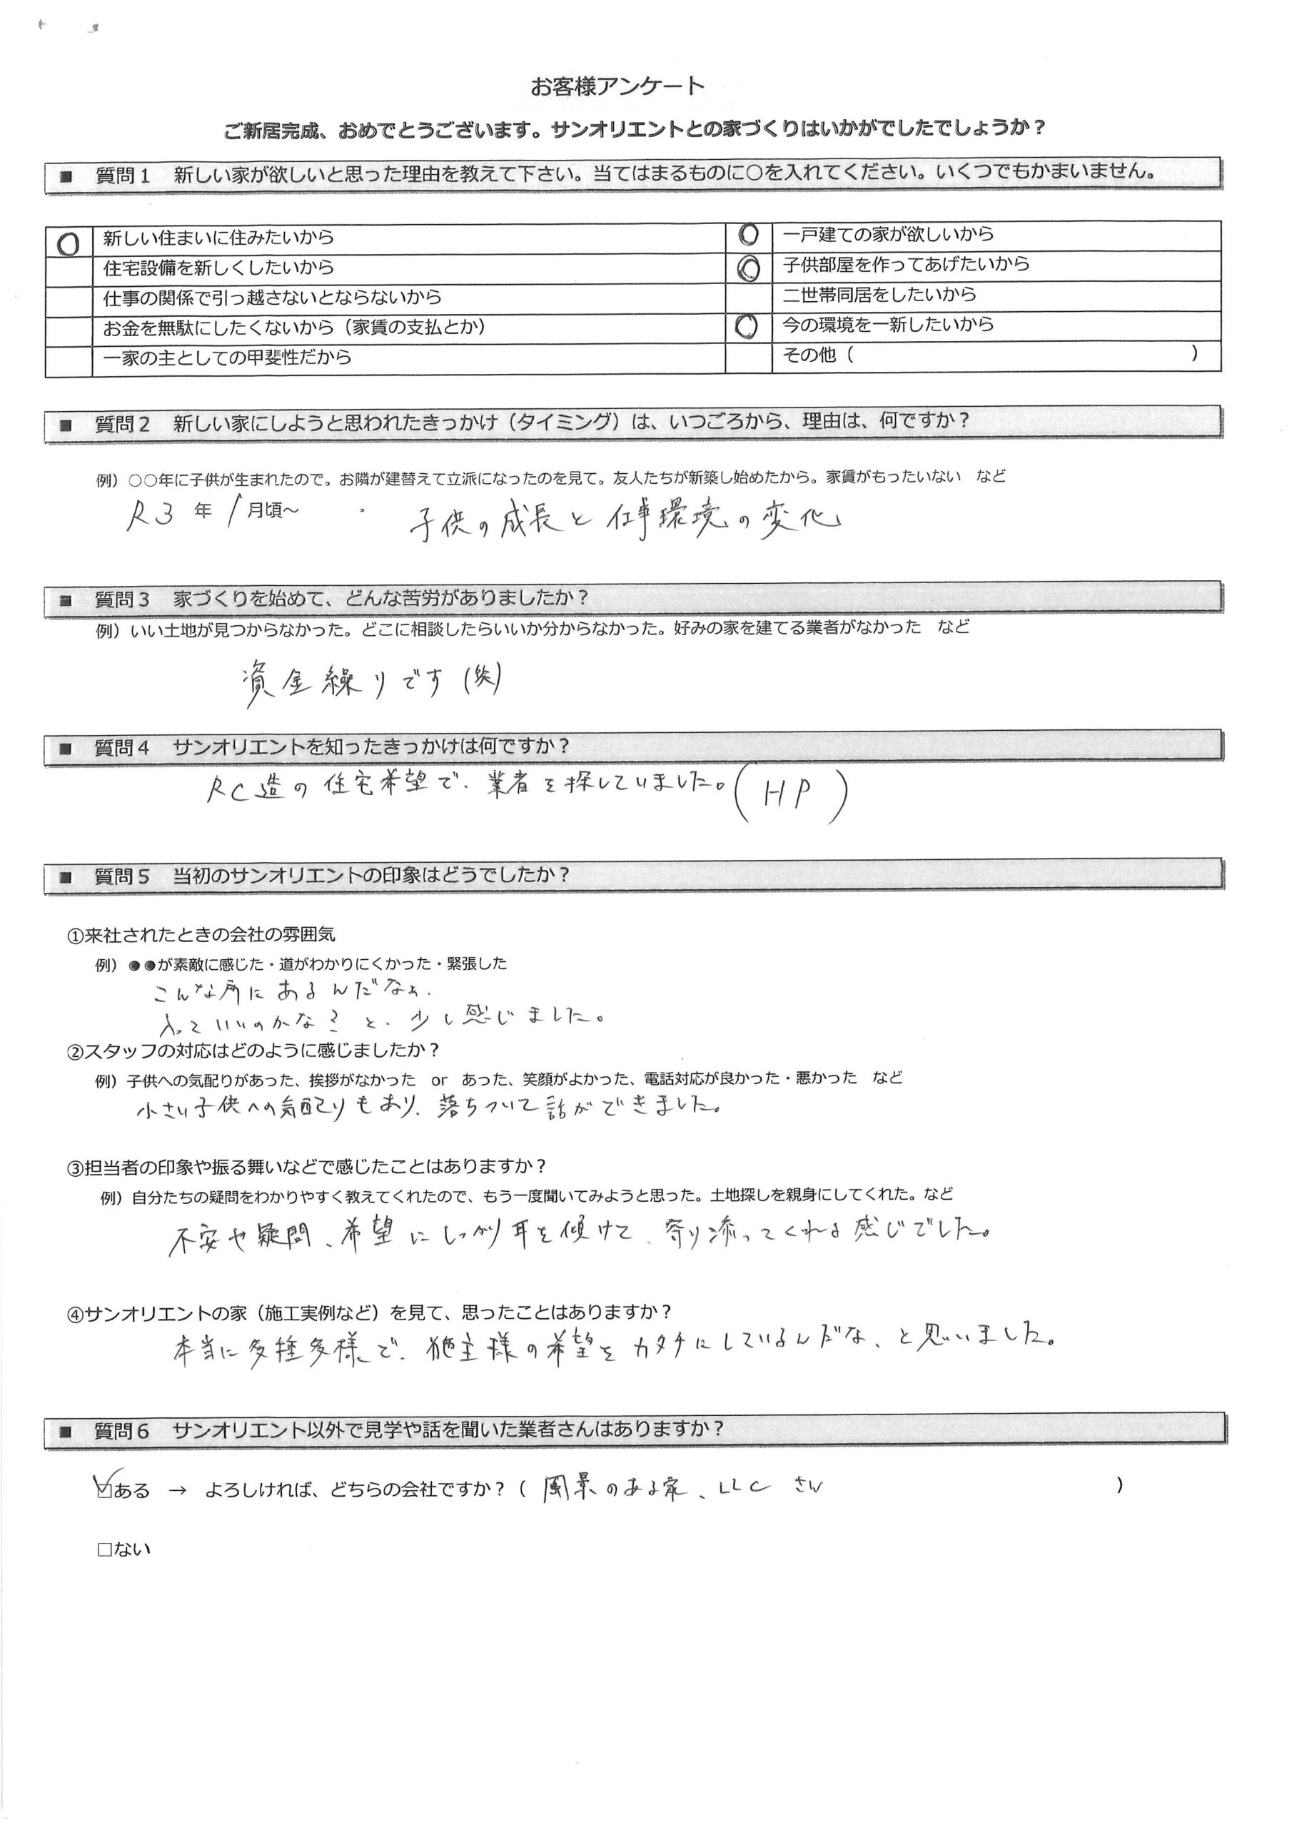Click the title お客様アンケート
click(x=617, y=86)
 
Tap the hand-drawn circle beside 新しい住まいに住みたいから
click(x=69, y=243)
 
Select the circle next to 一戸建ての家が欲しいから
click(x=748, y=234)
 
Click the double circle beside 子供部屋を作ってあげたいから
click(x=748, y=269)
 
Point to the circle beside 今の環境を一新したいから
click(x=746, y=325)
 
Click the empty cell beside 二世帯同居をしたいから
click(x=748, y=296)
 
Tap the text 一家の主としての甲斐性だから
click(x=228, y=358)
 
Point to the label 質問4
click(x=122, y=747)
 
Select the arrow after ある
click(x=178, y=1489)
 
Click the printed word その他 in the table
click(x=809, y=355)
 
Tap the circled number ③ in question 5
click(x=75, y=1168)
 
